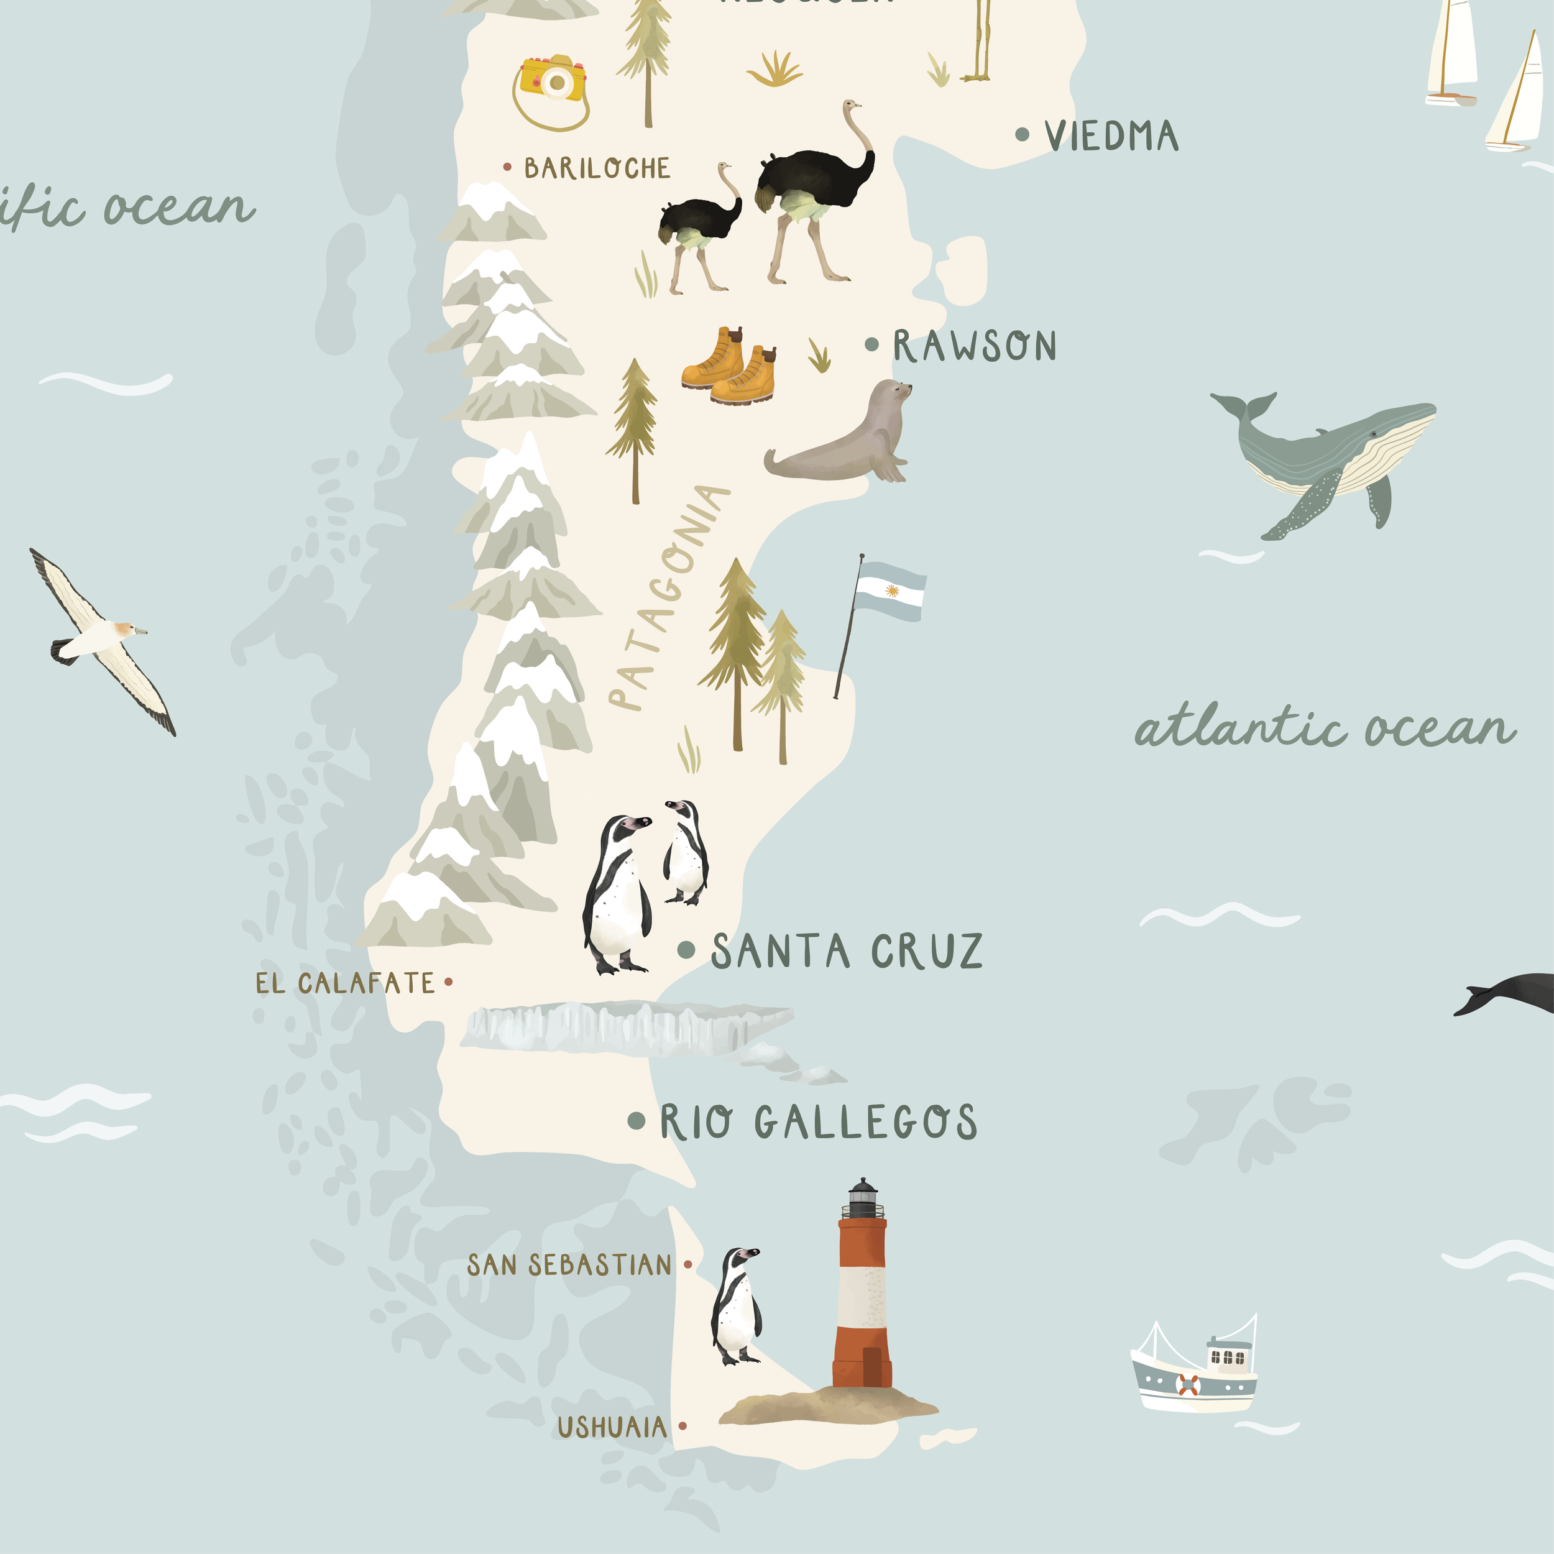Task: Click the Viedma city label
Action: tap(1111, 136)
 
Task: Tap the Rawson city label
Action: tap(974, 346)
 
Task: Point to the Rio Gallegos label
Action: tap(818, 1122)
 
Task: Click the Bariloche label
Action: tap(597, 168)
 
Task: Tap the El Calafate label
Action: tap(345, 983)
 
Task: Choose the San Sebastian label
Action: tap(569, 1265)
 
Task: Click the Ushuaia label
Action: tap(612, 1428)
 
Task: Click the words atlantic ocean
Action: tap(1325, 728)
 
